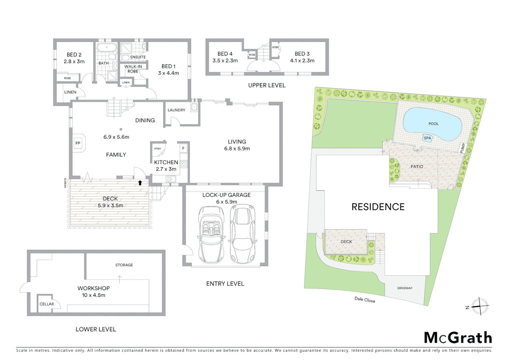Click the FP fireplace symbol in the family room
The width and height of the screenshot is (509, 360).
tap(78, 143)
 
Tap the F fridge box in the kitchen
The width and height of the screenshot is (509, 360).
tap(183, 148)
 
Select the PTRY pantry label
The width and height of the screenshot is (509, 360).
tap(158, 149)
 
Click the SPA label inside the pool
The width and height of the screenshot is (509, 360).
tap(427, 138)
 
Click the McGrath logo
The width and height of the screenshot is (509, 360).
tap(458, 338)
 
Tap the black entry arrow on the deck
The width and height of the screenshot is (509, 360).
tap(140, 183)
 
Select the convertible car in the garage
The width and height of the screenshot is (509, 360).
tap(211, 234)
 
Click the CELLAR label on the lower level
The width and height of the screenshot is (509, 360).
tap(47, 304)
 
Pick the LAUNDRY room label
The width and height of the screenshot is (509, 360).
tap(176, 110)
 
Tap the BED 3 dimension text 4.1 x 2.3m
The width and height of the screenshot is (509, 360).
tap(302, 61)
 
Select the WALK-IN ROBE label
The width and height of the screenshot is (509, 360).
tap(133, 69)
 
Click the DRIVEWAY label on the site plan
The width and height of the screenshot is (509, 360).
tap(405, 288)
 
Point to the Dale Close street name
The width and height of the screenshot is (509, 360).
tap(364, 300)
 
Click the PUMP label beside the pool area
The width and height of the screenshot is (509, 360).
tap(462, 148)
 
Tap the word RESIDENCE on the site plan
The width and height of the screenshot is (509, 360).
tap(378, 207)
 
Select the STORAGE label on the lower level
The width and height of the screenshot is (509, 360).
tap(124, 265)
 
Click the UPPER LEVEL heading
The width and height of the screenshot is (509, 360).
tap(266, 85)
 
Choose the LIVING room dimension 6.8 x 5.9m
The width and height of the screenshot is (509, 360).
tap(237, 149)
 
